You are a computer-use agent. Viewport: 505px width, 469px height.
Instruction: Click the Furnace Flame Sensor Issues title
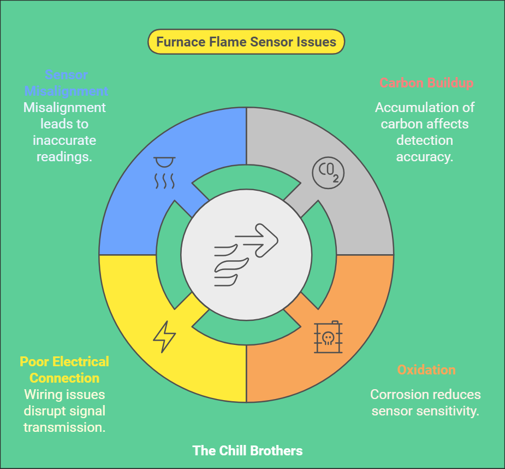246,42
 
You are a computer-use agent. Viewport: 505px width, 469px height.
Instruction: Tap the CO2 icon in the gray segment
329,173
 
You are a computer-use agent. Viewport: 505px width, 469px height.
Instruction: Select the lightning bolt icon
164,337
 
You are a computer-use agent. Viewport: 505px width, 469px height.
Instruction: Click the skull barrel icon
328,337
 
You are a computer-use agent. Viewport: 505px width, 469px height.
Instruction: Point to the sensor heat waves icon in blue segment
164,173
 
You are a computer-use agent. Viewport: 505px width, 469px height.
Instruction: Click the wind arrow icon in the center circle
246,255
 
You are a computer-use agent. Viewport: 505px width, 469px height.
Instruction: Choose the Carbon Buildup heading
426,83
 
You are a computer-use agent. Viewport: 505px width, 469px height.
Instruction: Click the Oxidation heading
426,370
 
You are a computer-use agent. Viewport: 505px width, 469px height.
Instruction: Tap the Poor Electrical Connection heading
64,370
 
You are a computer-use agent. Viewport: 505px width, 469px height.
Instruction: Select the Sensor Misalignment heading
66,83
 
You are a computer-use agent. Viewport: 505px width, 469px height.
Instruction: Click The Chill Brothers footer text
247,451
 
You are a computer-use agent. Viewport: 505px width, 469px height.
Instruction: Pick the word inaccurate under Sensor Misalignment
64,140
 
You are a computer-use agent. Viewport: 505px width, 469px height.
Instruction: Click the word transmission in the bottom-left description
64,427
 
